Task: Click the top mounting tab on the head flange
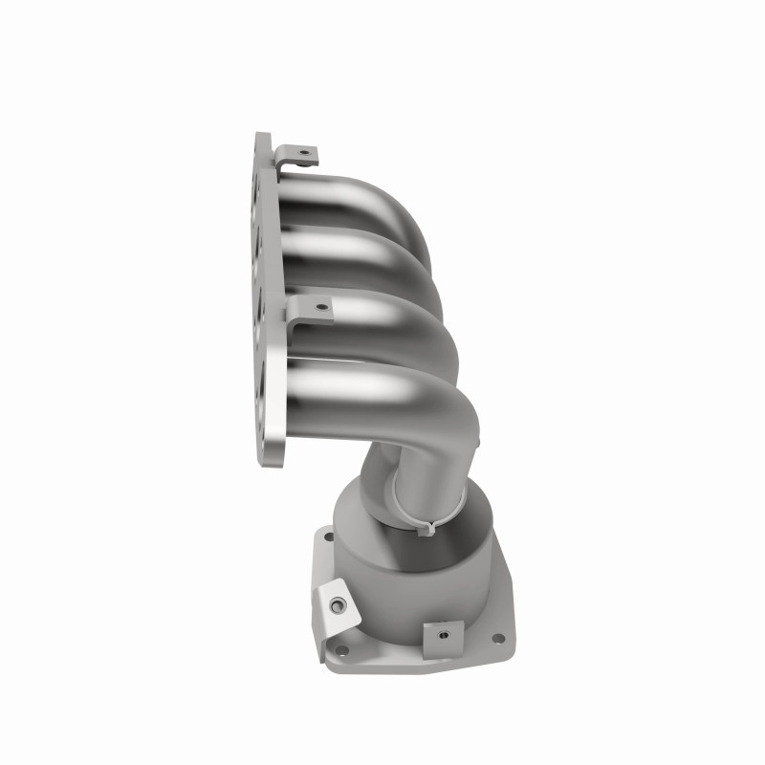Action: (295, 155)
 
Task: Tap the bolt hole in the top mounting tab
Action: (304, 152)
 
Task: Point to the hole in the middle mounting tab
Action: (322, 308)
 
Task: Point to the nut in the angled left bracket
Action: (338, 604)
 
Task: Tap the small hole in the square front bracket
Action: (444, 631)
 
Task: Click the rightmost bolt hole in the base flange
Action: (496, 640)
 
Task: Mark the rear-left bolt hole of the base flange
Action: (328, 537)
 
